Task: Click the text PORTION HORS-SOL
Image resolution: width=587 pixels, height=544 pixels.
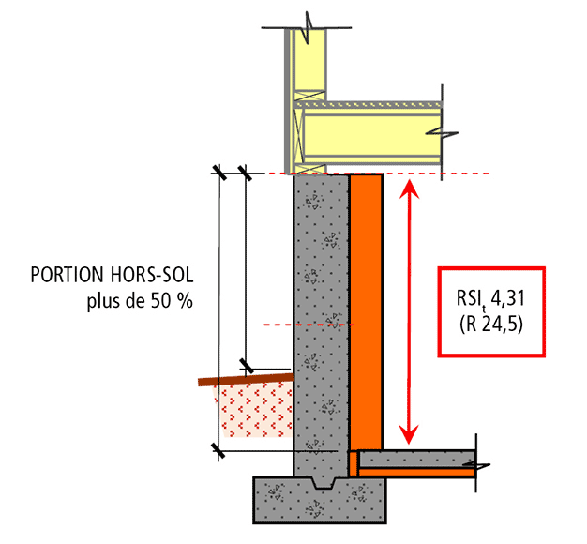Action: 112,275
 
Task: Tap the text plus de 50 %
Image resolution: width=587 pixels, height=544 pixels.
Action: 140,301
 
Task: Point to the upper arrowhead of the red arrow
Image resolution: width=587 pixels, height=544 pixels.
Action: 409,189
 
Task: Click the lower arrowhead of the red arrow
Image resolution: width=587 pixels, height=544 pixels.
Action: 409,434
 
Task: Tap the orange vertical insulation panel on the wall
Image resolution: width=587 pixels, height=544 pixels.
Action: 366,312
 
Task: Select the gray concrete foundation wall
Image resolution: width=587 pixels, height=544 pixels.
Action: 322,325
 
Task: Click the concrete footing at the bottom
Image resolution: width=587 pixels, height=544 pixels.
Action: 320,500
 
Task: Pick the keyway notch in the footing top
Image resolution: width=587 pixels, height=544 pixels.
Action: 323,483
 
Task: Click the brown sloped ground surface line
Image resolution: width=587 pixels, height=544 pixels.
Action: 246,380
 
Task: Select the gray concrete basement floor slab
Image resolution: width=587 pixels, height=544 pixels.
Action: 416,459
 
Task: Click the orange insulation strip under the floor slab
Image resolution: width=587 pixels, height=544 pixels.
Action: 416,472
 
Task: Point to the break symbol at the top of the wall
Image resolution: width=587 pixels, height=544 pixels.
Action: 308,28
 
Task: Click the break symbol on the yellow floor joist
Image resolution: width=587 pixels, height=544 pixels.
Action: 443,133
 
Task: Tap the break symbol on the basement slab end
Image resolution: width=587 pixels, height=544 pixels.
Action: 476,465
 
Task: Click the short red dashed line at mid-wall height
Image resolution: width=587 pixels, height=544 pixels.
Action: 309,325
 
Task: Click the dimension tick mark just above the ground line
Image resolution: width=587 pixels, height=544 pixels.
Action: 246,366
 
